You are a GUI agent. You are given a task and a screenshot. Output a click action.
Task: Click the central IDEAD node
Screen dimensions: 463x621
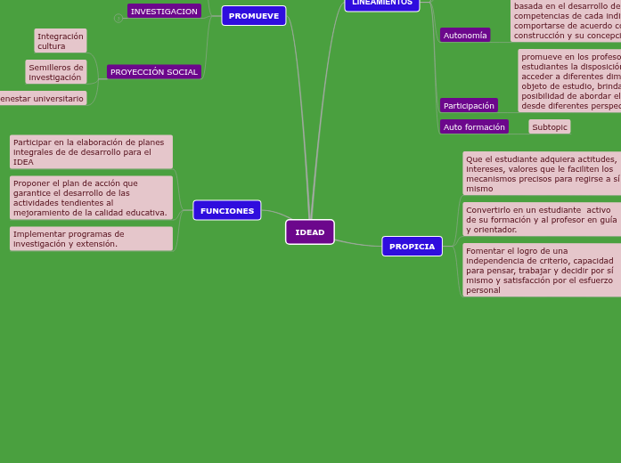tap(309, 232)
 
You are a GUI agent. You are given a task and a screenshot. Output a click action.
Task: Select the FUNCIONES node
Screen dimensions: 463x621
tap(227, 211)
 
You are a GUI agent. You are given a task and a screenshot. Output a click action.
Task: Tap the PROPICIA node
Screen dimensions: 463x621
tap(412, 247)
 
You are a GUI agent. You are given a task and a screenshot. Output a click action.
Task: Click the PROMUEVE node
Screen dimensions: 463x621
tap(254, 16)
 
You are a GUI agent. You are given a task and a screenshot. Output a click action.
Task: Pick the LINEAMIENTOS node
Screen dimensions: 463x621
tap(381, 4)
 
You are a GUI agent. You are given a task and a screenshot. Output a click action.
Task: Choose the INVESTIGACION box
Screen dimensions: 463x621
tap(164, 12)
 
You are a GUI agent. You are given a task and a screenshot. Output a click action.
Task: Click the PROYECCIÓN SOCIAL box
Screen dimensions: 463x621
tap(154, 72)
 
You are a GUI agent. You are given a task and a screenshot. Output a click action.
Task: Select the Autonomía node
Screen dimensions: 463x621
tap(465, 36)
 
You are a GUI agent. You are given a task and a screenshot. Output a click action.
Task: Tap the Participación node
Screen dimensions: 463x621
tap(469, 106)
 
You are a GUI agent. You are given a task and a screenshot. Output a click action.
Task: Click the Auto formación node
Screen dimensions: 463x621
tap(474, 127)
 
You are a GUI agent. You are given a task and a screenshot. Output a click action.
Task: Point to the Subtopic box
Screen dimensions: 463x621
tap(549, 127)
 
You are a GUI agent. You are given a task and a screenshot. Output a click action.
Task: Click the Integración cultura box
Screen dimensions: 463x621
tap(61, 41)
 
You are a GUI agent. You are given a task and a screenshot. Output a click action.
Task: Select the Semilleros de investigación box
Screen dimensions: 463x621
tap(56, 72)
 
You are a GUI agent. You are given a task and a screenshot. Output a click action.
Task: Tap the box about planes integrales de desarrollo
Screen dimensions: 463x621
tap(91, 152)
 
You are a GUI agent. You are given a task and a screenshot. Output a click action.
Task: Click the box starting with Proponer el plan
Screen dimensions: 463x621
tap(91, 198)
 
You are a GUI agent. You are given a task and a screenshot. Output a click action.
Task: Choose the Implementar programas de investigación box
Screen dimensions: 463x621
tap(91, 239)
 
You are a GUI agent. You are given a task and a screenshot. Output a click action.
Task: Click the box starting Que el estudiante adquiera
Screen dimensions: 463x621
tap(542, 174)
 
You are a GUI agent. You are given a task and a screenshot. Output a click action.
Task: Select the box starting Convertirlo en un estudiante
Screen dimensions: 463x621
tap(542, 219)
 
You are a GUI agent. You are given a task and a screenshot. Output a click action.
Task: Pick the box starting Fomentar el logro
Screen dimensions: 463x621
tap(542, 270)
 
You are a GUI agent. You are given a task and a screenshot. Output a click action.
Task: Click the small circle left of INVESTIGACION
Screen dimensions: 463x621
tap(118, 18)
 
